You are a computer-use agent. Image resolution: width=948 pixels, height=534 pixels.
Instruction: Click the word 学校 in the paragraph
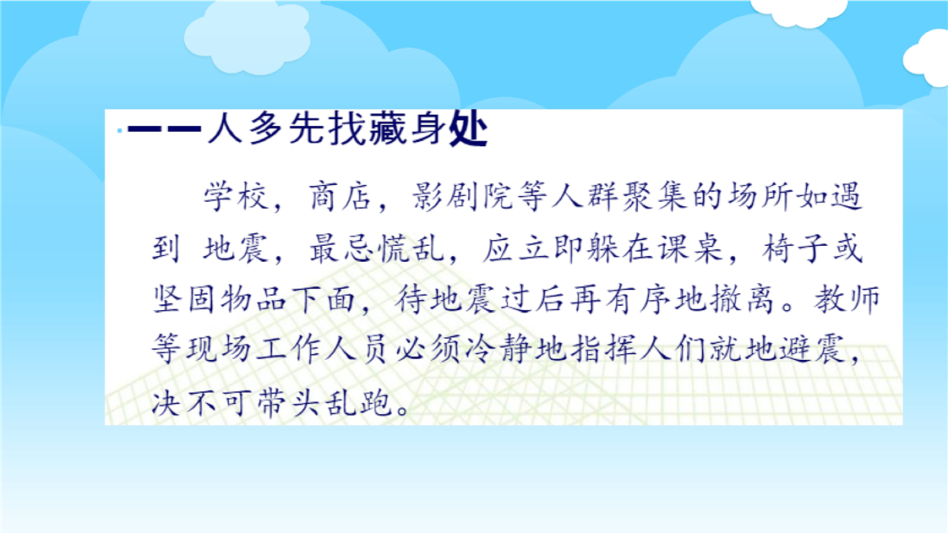(x=236, y=197)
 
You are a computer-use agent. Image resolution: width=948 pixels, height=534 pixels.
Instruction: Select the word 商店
(x=340, y=197)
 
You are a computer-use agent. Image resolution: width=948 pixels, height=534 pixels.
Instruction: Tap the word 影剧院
(x=463, y=197)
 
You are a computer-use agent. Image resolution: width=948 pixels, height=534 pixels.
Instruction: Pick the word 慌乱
(x=411, y=248)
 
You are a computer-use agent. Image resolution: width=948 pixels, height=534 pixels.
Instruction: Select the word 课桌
(x=689, y=248)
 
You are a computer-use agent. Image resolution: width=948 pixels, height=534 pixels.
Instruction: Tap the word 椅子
(x=794, y=248)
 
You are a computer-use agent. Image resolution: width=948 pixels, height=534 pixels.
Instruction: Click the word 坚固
(x=184, y=299)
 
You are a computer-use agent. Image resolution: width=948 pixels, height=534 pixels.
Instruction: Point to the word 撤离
(x=743, y=299)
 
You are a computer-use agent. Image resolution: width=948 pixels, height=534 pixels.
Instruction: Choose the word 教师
(x=847, y=299)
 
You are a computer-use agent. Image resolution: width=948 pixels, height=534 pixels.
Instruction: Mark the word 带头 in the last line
(x=288, y=401)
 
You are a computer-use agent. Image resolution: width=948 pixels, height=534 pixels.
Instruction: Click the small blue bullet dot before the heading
(x=120, y=130)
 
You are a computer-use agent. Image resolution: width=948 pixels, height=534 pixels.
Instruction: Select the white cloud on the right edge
(x=926, y=58)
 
